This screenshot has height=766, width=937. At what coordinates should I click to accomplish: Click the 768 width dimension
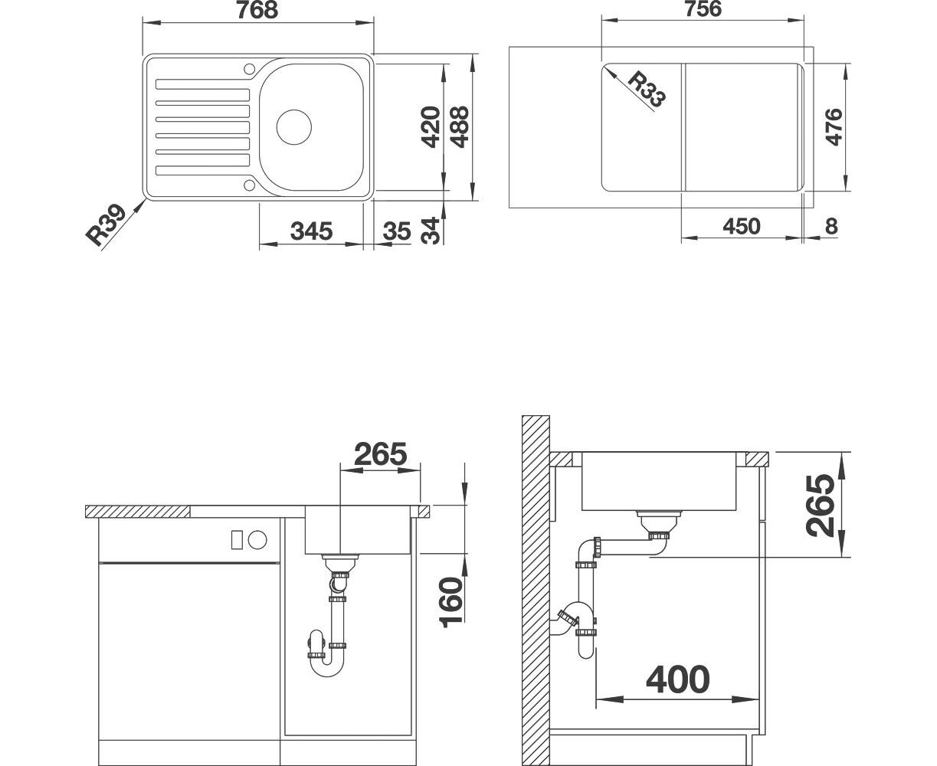tap(257, 10)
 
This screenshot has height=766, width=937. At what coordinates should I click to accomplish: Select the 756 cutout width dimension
tap(703, 9)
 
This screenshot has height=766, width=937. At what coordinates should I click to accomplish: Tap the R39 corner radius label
tap(106, 225)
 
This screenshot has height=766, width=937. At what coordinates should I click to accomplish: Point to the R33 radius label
tap(647, 90)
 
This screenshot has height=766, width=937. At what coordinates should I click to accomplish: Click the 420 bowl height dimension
tap(430, 126)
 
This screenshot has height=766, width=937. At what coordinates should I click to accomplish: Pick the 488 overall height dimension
tap(460, 126)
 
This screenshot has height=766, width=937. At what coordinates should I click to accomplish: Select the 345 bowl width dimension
tap(311, 231)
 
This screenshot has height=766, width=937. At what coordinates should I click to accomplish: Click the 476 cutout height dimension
tap(834, 126)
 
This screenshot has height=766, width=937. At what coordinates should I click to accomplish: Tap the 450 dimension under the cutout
tap(742, 227)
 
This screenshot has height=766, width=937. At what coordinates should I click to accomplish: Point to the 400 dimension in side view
tap(677, 679)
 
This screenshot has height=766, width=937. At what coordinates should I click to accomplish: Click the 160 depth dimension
tap(451, 603)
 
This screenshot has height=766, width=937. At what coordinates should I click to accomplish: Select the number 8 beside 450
tap(831, 227)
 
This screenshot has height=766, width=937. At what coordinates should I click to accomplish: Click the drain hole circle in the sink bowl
tap(293, 127)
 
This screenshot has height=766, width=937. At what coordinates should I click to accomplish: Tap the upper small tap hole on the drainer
tap(249, 69)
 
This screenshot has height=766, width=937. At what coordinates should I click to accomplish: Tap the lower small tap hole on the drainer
tap(249, 185)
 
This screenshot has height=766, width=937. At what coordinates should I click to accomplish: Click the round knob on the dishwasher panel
tap(257, 540)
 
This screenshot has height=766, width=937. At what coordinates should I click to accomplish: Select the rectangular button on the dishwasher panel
tap(237, 540)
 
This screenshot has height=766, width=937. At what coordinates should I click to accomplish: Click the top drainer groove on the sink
tap(202, 83)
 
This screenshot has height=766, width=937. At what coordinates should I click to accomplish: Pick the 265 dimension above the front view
tap(380, 453)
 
